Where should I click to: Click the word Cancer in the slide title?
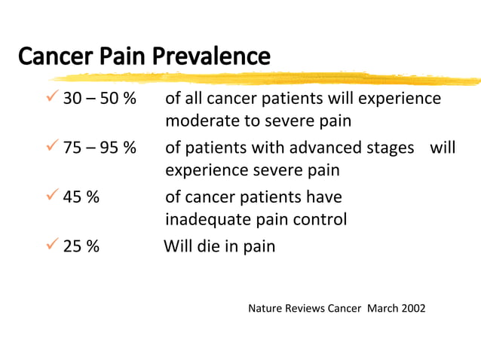[x=51, y=56]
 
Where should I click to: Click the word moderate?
[x=198, y=121]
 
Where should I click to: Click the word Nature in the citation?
[x=265, y=309]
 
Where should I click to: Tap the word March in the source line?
[x=381, y=309]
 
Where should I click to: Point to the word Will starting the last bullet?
[x=179, y=246]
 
